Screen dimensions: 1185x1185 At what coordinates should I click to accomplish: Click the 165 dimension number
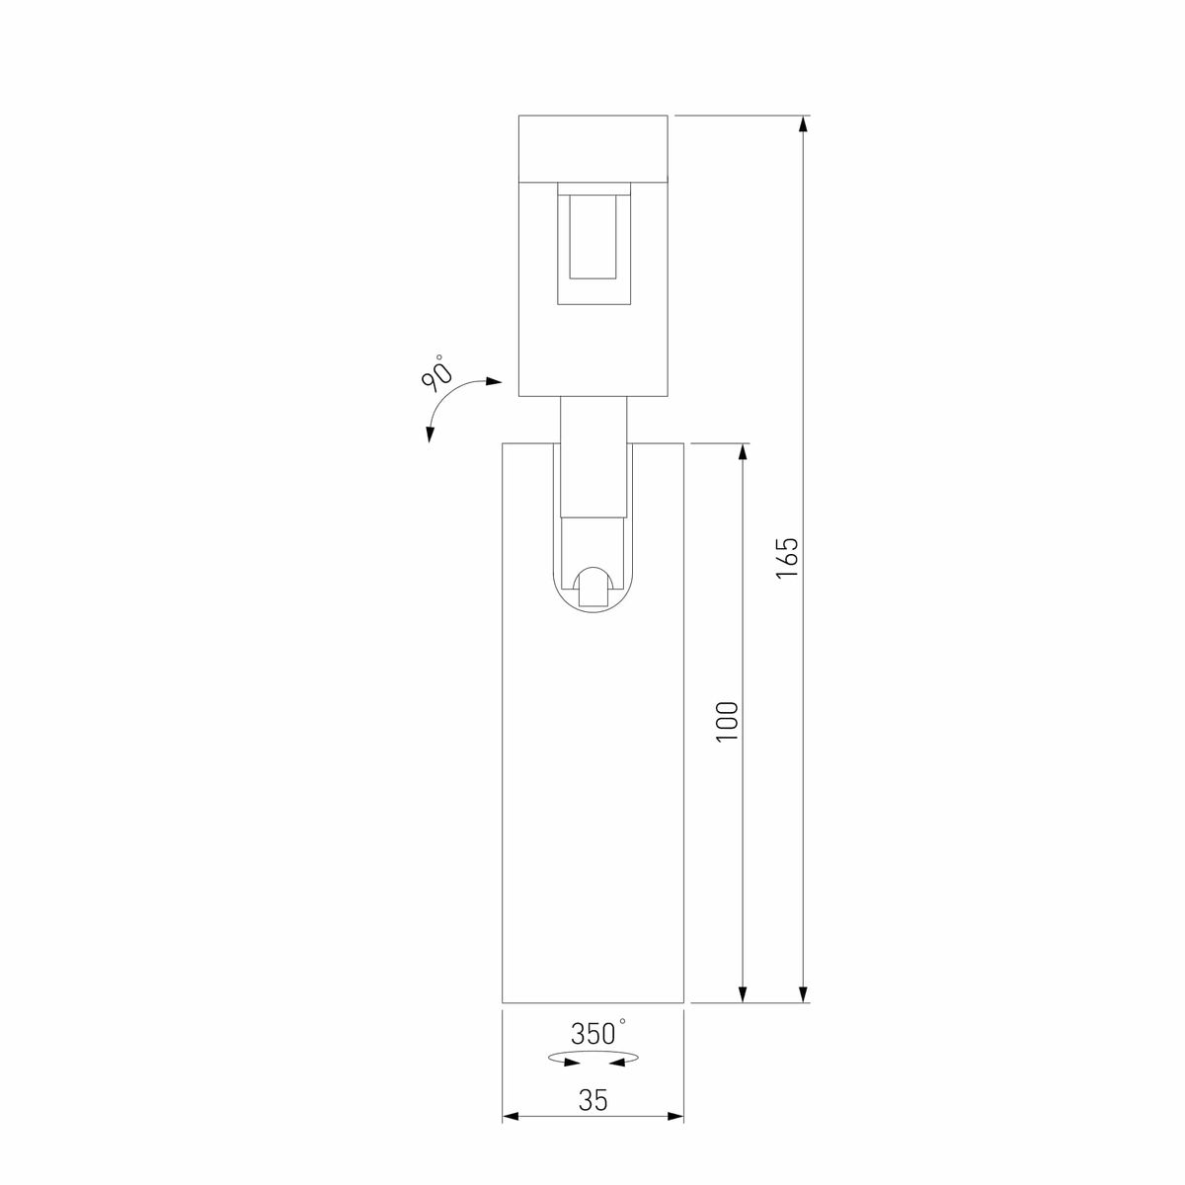click(786, 559)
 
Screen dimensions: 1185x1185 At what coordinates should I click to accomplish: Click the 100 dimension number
click(728, 722)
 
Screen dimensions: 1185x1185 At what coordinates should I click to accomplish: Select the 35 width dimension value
click(592, 1100)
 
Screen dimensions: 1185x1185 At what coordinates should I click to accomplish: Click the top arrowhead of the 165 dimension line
click(805, 124)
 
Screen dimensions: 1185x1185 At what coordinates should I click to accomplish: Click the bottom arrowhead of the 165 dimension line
click(805, 993)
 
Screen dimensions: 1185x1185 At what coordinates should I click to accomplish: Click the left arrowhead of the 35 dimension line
click(512, 1117)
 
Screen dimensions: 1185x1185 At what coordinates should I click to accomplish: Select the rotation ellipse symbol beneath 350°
click(592, 1060)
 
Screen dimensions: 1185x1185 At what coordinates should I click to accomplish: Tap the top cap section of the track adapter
click(593, 148)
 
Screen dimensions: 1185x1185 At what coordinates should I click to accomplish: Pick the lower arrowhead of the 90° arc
click(430, 434)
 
